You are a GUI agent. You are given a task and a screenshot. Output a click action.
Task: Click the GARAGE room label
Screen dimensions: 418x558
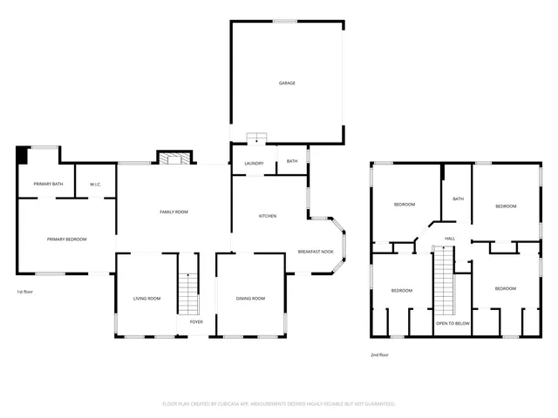point(287,83)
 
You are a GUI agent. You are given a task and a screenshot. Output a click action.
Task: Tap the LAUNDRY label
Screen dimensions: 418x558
point(254,163)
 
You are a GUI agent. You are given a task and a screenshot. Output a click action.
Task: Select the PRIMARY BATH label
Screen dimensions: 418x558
point(48,184)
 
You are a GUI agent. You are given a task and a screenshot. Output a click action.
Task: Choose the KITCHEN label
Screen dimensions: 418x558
point(268,216)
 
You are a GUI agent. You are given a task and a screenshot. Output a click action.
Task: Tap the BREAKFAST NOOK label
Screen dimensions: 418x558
point(316,251)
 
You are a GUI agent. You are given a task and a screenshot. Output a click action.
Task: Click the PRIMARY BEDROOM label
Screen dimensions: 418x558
point(66,239)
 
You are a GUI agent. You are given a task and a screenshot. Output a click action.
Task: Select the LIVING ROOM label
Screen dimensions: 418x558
point(146,299)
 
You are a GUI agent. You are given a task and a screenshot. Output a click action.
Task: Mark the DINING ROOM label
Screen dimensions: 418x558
point(250,299)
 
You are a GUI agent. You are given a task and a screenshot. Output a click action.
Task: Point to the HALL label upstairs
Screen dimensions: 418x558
point(450,238)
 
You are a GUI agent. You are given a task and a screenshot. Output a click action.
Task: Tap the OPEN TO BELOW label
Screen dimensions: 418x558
point(453,322)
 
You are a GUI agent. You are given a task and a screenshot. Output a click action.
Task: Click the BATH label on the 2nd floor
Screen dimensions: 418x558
point(458,199)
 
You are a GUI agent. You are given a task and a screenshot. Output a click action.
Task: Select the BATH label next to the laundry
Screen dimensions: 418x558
point(292,160)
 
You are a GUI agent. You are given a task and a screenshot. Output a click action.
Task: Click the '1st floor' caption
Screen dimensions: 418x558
point(26,291)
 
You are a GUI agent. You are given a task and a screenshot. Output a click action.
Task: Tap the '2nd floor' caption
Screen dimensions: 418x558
point(380,355)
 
